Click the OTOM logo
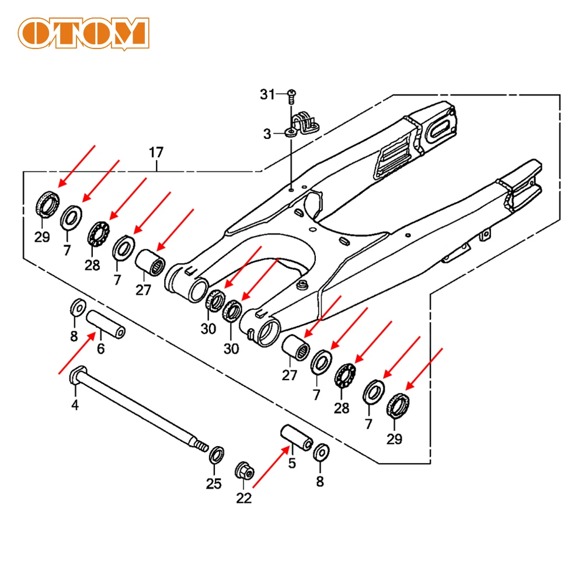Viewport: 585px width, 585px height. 82,34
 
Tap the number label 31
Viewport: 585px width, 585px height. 267,95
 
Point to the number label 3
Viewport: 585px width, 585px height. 267,134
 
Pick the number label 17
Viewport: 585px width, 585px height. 156,153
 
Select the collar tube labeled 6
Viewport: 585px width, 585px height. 106,325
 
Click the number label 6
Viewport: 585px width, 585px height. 100,350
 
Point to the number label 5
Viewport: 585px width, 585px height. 292,464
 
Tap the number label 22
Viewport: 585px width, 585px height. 243,498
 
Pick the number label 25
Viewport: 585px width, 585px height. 213,483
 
